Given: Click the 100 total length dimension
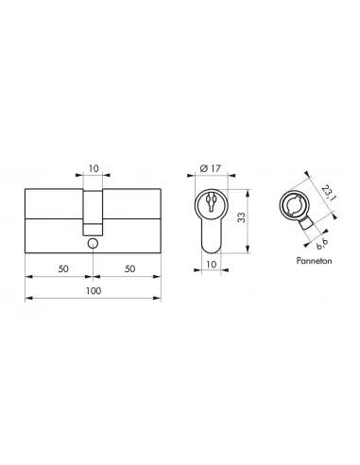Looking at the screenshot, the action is [x=94, y=291].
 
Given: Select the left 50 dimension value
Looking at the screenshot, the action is [x=63, y=268].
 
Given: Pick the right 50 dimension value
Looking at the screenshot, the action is [x=129, y=268].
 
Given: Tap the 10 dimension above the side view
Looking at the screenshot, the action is [x=94, y=168].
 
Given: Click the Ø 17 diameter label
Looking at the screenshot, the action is [x=211, y=168].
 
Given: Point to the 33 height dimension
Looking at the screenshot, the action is [x=241, y=217].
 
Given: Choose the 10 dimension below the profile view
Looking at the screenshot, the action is [x=211, y=265].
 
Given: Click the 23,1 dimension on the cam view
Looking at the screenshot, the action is [x=328, y=194].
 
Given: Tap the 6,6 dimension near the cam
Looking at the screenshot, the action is [x=322, y=245].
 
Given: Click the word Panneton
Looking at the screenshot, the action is [x=314, y=261].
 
